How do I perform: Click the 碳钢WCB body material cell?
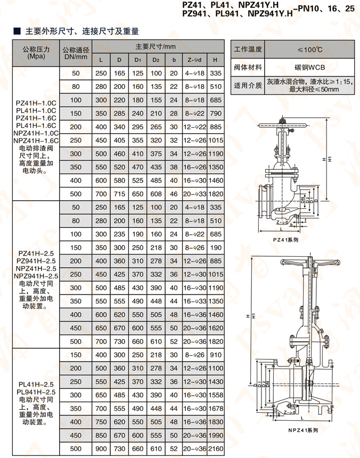[x=309, y=68]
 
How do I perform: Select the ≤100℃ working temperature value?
[x=309, y=50]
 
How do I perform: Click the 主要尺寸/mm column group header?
[x=158, y=47]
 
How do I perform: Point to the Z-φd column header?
[x=193, y=60]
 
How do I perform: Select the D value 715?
[x=119, y=194]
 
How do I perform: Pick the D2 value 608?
[x=156, y=194]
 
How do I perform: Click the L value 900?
[x=101, y=449]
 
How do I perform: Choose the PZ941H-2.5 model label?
[x=37, y=261]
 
